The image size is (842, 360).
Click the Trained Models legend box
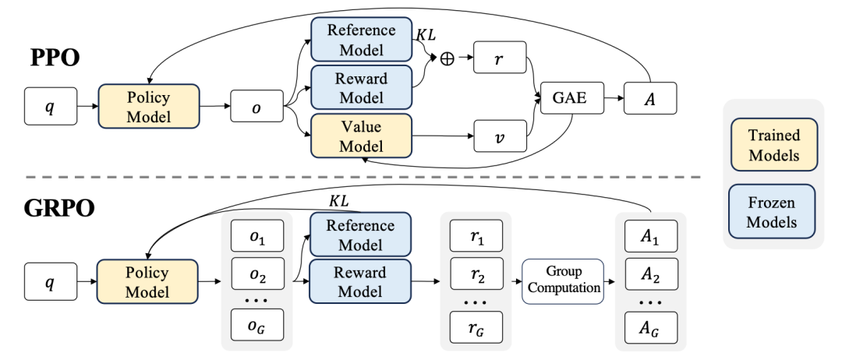pos(773,145)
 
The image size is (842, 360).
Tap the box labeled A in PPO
pos(649,100)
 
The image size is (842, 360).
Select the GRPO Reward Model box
pos(359,282)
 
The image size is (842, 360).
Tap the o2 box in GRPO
pos(256,274)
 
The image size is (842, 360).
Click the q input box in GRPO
pos(49,282)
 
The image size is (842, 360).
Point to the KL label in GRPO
pos(338,200)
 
